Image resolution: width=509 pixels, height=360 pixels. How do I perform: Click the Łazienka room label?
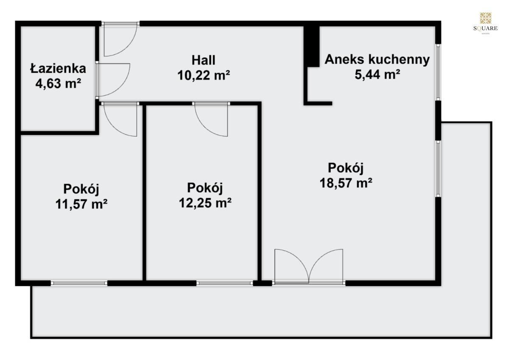pos(58,68)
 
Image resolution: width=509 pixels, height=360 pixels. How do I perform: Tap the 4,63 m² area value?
pos(58,84)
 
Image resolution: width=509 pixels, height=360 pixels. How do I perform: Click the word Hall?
pos(203,60)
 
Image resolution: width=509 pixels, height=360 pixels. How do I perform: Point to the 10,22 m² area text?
pos(204,75)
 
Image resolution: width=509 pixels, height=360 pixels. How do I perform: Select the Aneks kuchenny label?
pos(377,59)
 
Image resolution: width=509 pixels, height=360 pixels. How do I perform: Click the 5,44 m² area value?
pos(378,74)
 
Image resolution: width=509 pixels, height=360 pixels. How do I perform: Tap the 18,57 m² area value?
pos(346,183)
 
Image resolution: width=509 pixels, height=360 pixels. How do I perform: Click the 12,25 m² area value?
pos(205,203)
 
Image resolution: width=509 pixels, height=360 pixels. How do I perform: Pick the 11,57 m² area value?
pos(81,204)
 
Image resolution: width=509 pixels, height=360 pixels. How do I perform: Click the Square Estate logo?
pos(485,23)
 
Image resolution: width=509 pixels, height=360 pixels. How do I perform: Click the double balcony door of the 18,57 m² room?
pos(309,267)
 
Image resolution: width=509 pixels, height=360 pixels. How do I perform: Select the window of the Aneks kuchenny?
pos(438,72)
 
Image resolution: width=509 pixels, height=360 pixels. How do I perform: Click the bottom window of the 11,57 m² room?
pos(79,283)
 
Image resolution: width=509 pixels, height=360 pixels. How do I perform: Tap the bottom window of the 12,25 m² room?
pos(224,283)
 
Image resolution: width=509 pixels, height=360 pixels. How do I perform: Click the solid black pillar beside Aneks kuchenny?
pos(311,47)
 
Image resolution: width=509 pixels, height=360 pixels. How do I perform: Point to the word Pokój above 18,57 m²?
pos(346,168)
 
